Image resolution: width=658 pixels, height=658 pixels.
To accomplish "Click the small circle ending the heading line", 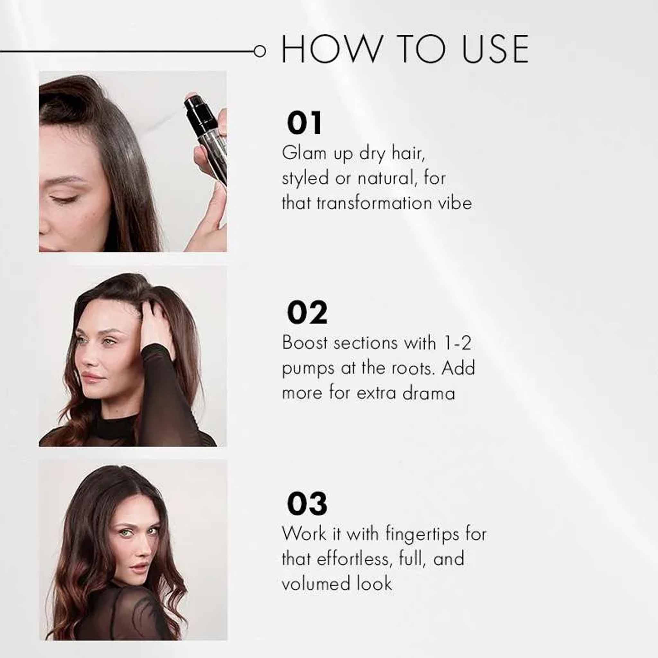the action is point(260,51).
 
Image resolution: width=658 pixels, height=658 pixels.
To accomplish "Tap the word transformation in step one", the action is point(374,203).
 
